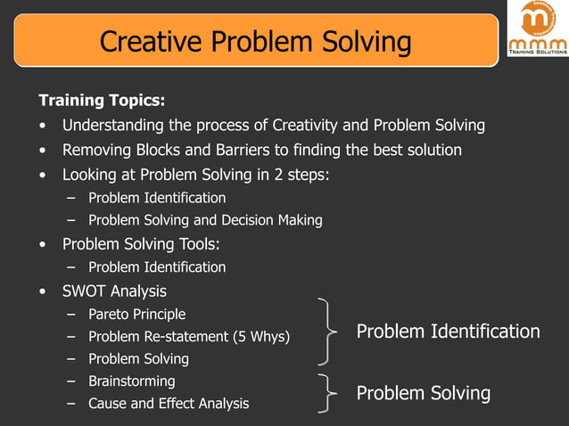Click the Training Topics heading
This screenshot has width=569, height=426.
coord(101,100)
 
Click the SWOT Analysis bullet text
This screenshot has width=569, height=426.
coord(114,291)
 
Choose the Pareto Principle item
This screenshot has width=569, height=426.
coord(137,314)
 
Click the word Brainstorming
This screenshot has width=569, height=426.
coord(132,381)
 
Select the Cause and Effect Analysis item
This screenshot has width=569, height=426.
coord(169,404)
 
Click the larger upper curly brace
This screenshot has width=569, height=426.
coord(327,332)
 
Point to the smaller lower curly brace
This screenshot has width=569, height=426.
coord(328,393)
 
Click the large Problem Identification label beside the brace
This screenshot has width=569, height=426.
coord(448,332)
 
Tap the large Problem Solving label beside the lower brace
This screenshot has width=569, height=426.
coord(424,393)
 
